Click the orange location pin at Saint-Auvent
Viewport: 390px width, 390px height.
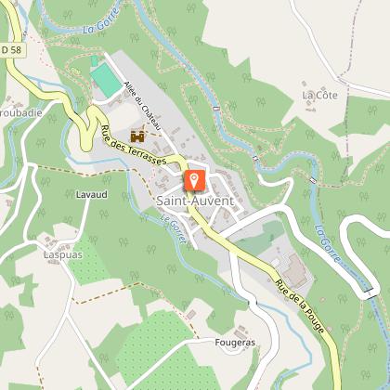click(194, 178)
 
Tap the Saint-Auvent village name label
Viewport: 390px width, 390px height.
click(194, 200)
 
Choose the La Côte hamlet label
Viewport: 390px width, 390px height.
click(318, 95)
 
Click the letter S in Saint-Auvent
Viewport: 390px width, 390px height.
click(160, 200)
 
